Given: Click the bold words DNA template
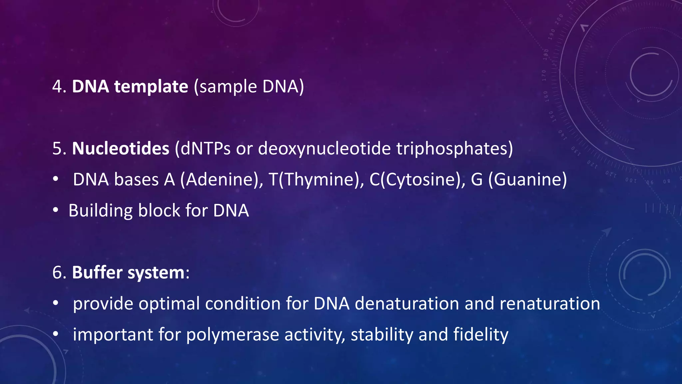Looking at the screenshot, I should click(130, 87).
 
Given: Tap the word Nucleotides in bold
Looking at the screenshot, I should click(121, 148).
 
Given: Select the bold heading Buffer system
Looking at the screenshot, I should click(128, 272).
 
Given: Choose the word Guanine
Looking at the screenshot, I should click(527, 179).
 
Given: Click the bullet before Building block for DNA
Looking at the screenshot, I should click(56, 210).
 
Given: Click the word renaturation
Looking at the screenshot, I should click(550, 303).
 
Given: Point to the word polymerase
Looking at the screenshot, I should click(232, 335).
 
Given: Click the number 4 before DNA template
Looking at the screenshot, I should click(57, 87).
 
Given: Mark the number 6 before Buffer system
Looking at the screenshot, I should click(57, 272).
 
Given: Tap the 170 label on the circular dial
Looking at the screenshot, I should click(544, 76).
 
